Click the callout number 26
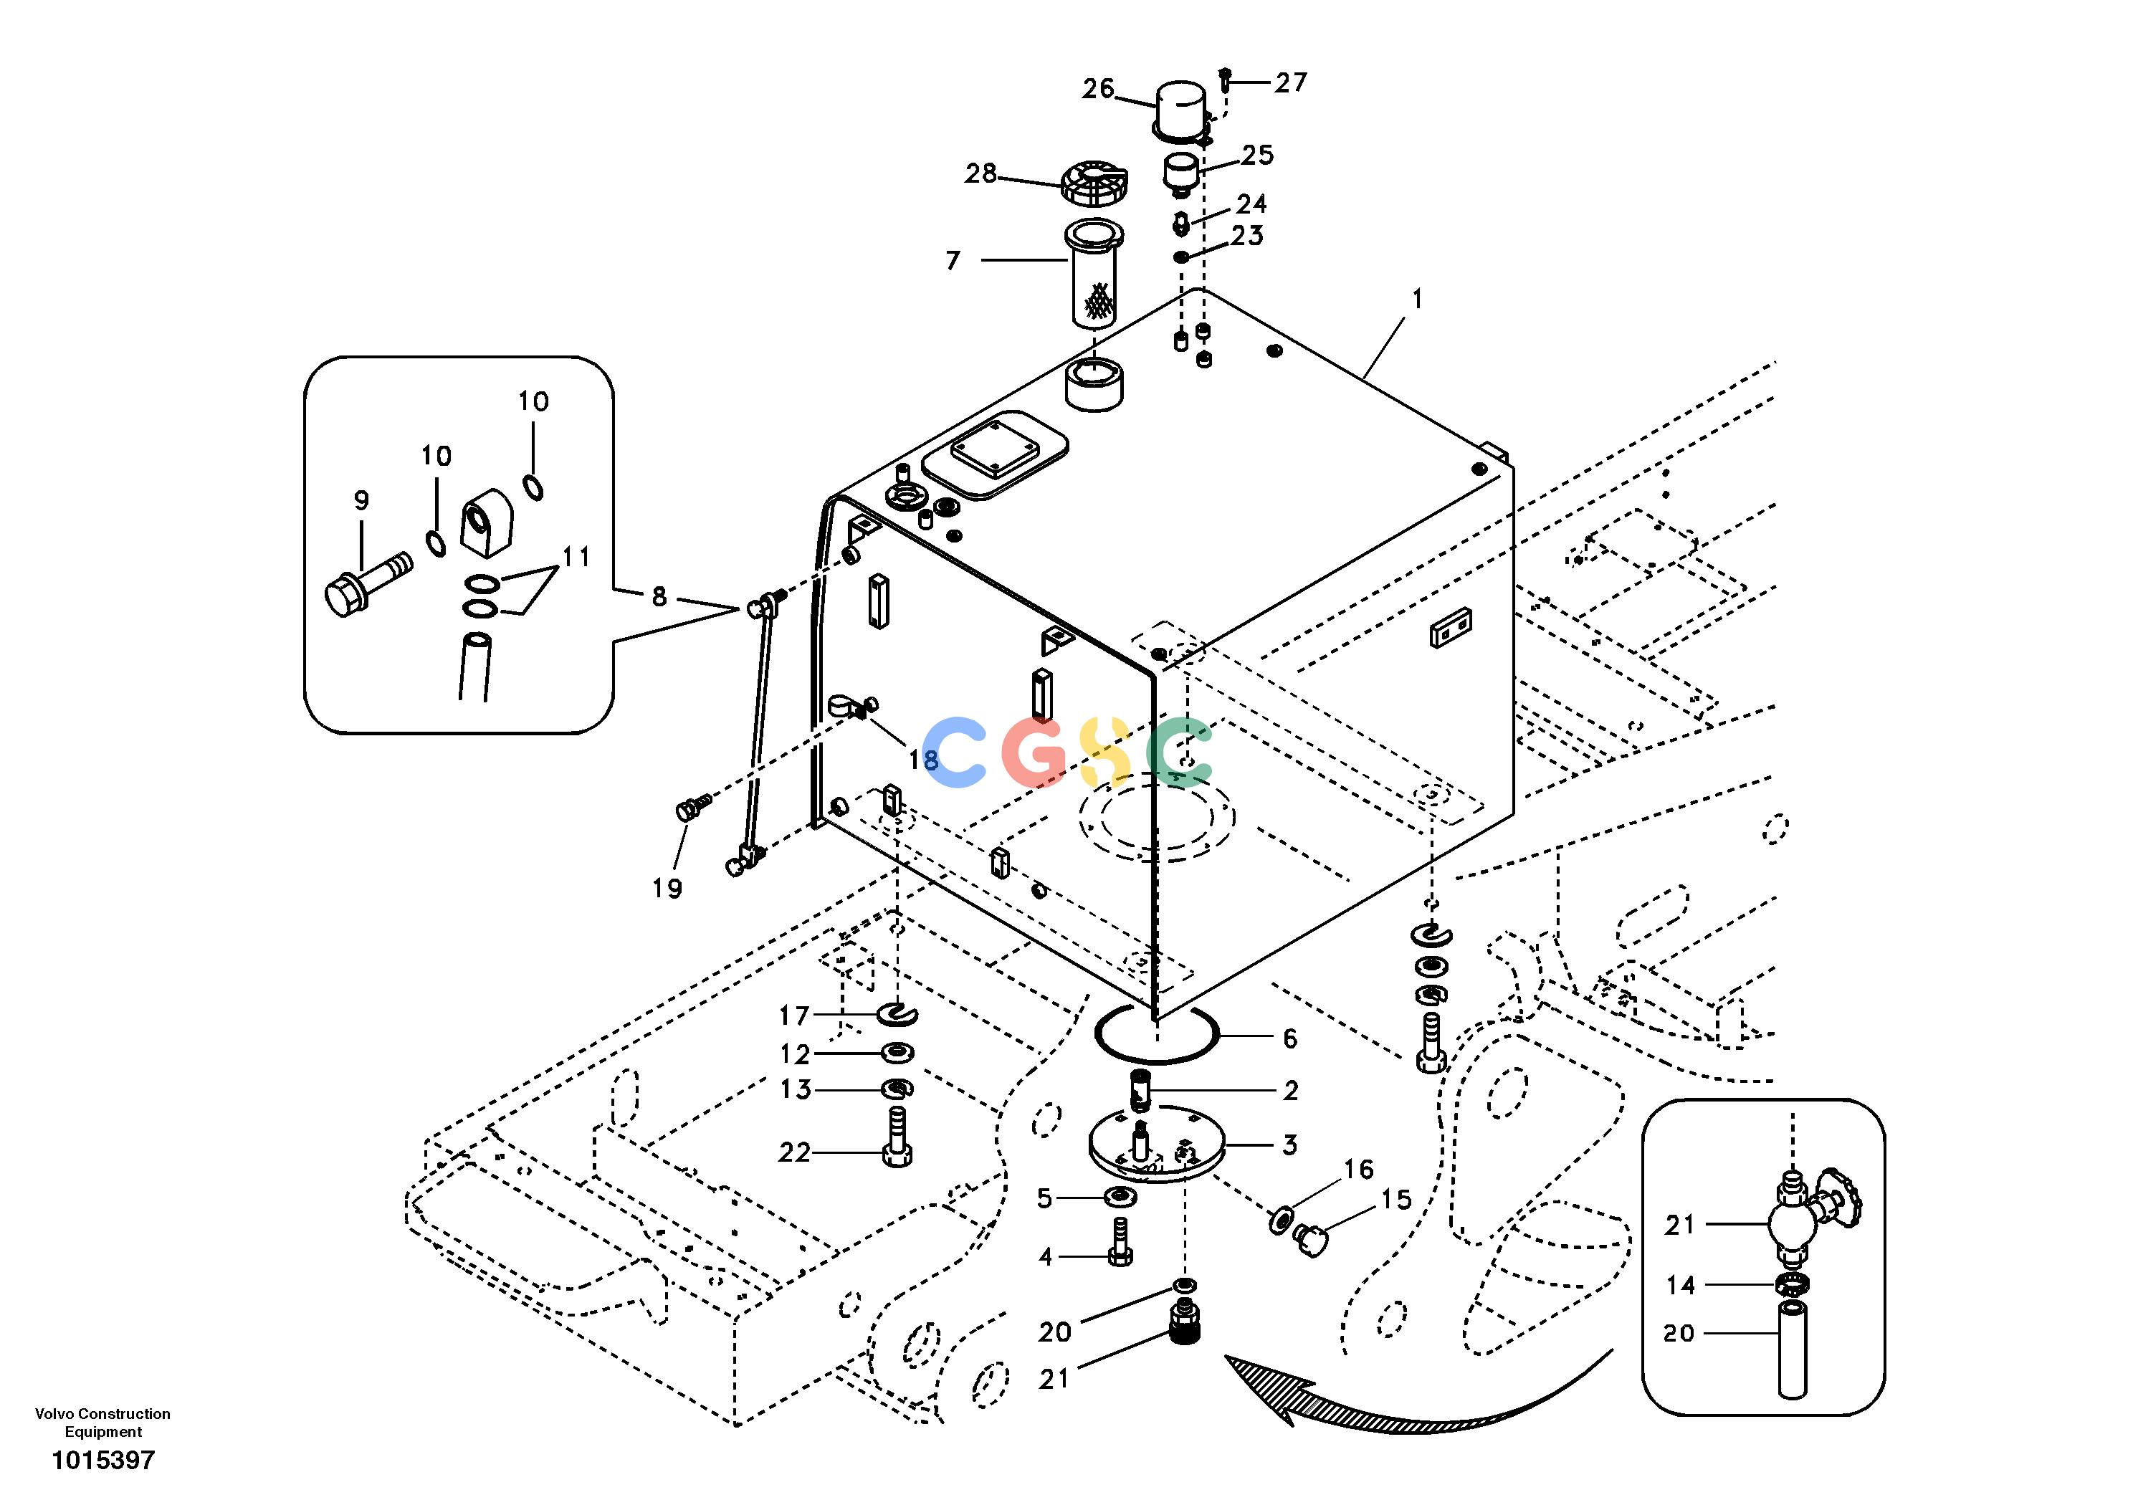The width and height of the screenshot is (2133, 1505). pyautogui.click(x=1098, y=89)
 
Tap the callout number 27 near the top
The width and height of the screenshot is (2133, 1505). pyautogui.click(x=1290, y=82)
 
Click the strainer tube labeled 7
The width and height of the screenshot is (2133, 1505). pyautogui.click(x=1097, y=274)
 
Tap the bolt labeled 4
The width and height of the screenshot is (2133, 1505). pyautogui.click(x=1120, y=1241)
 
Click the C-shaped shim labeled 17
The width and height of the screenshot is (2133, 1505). pyautogui.click(x=897, y=1015)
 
